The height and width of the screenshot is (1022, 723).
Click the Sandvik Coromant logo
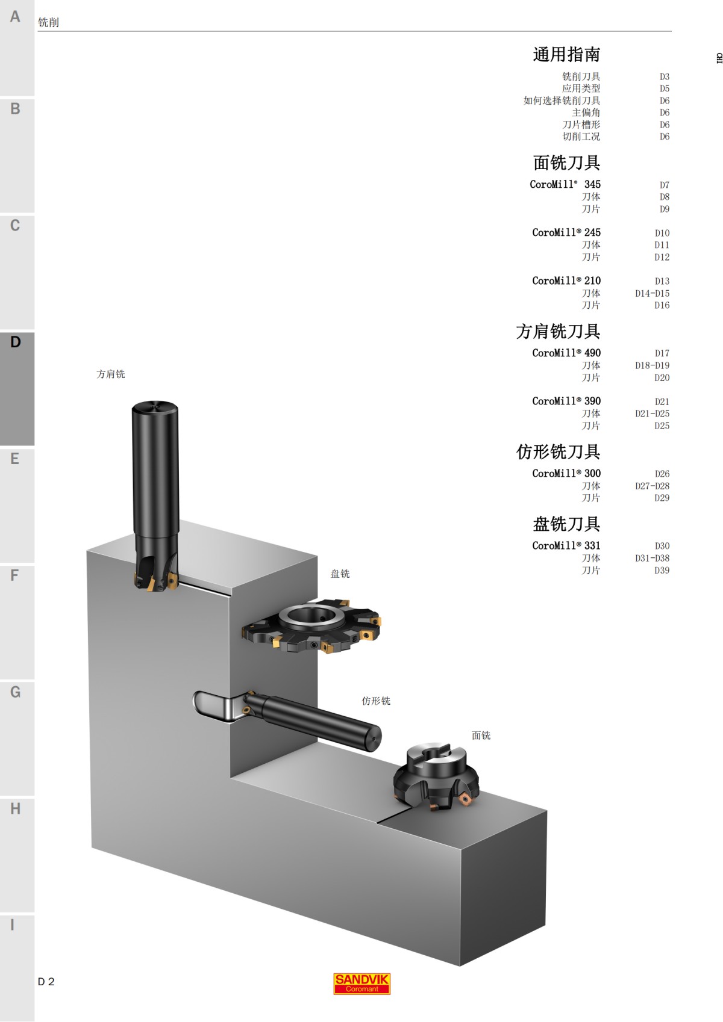tap(361, 983)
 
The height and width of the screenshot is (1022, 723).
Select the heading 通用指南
tap(566, 55)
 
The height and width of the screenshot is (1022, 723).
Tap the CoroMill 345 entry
tap(565, 184)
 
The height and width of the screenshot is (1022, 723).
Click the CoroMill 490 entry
tap(566, 353)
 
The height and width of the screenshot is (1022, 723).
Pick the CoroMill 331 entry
tap(566, 545)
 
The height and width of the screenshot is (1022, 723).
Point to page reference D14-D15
tap(651, 293)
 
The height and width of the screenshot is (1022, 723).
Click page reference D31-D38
tap(651, 558)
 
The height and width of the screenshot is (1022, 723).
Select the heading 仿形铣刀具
tap(558, 452)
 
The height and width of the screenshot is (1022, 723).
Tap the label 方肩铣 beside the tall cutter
tap(111, 374)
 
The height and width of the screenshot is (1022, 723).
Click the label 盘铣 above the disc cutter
tap(340, 574)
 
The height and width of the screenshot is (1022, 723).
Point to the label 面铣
tap(481, 735)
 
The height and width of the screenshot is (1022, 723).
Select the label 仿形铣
tap(376, 701)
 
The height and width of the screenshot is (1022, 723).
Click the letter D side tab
tap(16, 388)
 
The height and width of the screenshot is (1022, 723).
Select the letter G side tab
tap(16, 737)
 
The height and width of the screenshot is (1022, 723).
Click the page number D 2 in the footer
tap(46, 982)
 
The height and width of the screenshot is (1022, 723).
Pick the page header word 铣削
tap(48, 22)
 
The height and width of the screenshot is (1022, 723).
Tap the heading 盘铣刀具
tap(566, 524)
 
